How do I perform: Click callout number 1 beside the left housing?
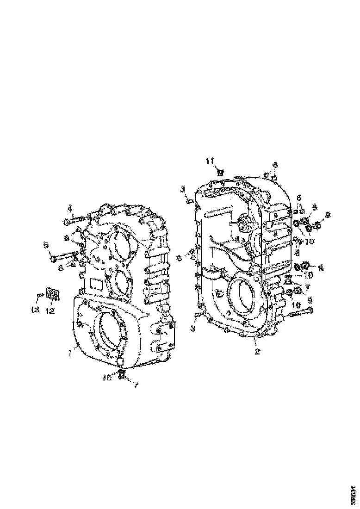click(x=69, y=354)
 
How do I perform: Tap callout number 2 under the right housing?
click(x=257, y=351)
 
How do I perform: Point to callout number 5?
click(x=46, y=245)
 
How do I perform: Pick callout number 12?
click(x=50, y=311)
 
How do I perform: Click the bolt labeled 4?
click(x=75, y=221)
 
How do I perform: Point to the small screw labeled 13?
click(x=41, y=295)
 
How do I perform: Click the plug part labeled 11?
click(x=220, y=172)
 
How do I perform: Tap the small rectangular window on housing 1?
click(x=98, y=283)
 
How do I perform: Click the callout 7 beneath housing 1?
click(x=136, y=385)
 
